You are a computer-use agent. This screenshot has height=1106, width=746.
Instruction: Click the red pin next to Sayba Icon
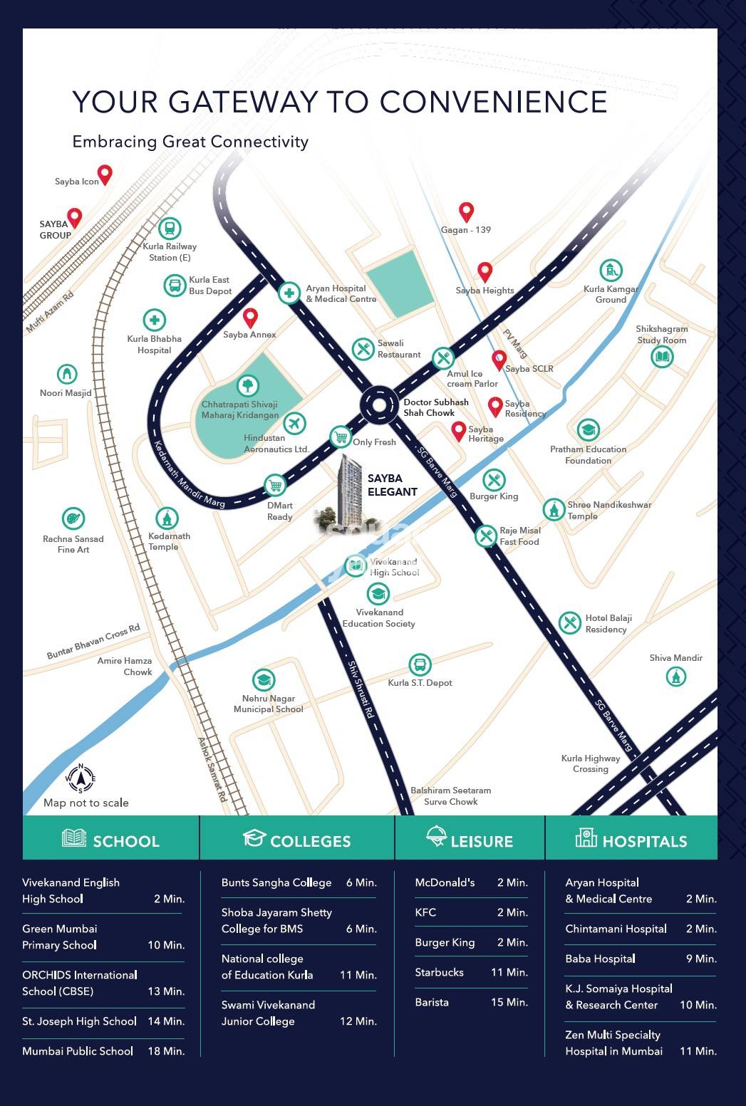tap(105, 174)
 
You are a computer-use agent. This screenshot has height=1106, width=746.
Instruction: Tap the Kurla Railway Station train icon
tap(170, 229)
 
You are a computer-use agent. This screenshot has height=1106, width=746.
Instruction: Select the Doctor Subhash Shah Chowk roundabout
tap(378, 405)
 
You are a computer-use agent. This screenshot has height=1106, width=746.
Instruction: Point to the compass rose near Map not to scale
tap(81, 778)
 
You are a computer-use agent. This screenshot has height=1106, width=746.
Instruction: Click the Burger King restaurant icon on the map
tap(494, 479)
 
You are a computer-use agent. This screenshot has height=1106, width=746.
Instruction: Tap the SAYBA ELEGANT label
tap(392, 485)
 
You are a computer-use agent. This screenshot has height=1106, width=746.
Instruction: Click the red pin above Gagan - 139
tap(466, 212)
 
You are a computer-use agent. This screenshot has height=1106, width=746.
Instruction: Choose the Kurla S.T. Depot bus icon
tap(420, 665)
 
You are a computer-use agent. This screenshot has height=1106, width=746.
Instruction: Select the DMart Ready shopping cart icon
tap(275, 486)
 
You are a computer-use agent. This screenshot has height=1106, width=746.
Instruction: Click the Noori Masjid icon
tap(67, 374)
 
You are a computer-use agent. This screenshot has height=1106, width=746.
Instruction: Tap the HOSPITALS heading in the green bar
tap(644, 841)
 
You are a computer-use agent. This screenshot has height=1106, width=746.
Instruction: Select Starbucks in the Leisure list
tap(439, 972)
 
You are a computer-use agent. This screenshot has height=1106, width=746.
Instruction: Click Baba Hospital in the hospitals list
tap(600, 959)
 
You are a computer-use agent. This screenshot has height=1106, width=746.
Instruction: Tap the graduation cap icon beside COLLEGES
tap(254, 838)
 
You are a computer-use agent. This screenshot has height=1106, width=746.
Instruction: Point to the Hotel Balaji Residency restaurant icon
tap(569, 623)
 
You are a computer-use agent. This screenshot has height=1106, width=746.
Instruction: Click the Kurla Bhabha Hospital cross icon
tap(155, 320)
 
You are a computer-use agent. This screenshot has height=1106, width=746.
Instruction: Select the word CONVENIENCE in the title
tap(493, 102)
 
